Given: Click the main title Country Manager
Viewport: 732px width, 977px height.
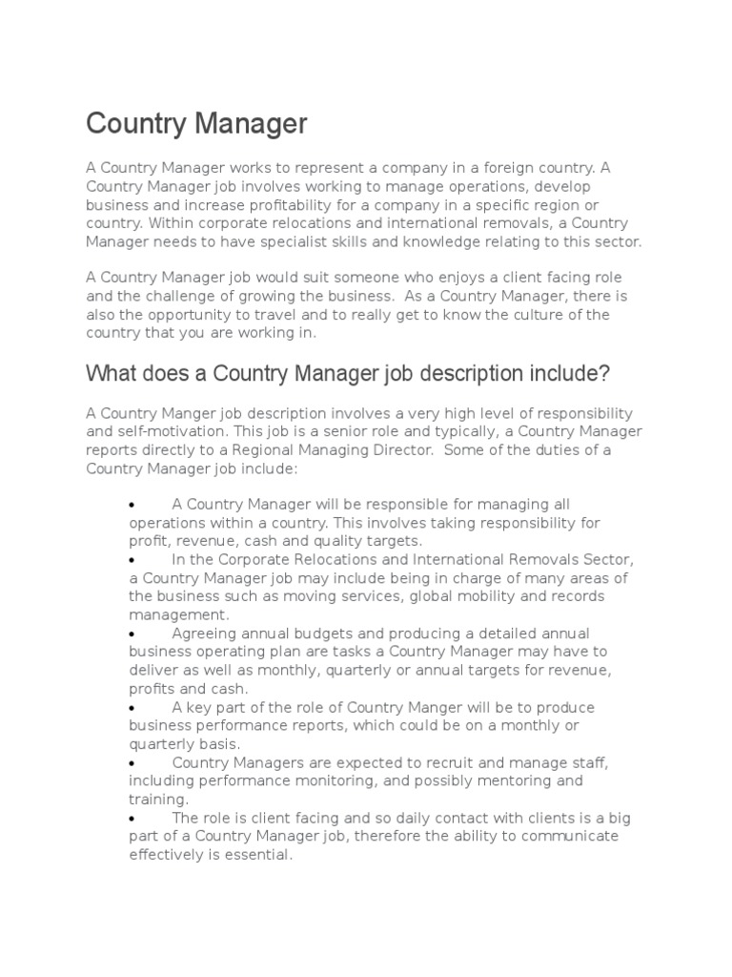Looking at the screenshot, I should [197, 123].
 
